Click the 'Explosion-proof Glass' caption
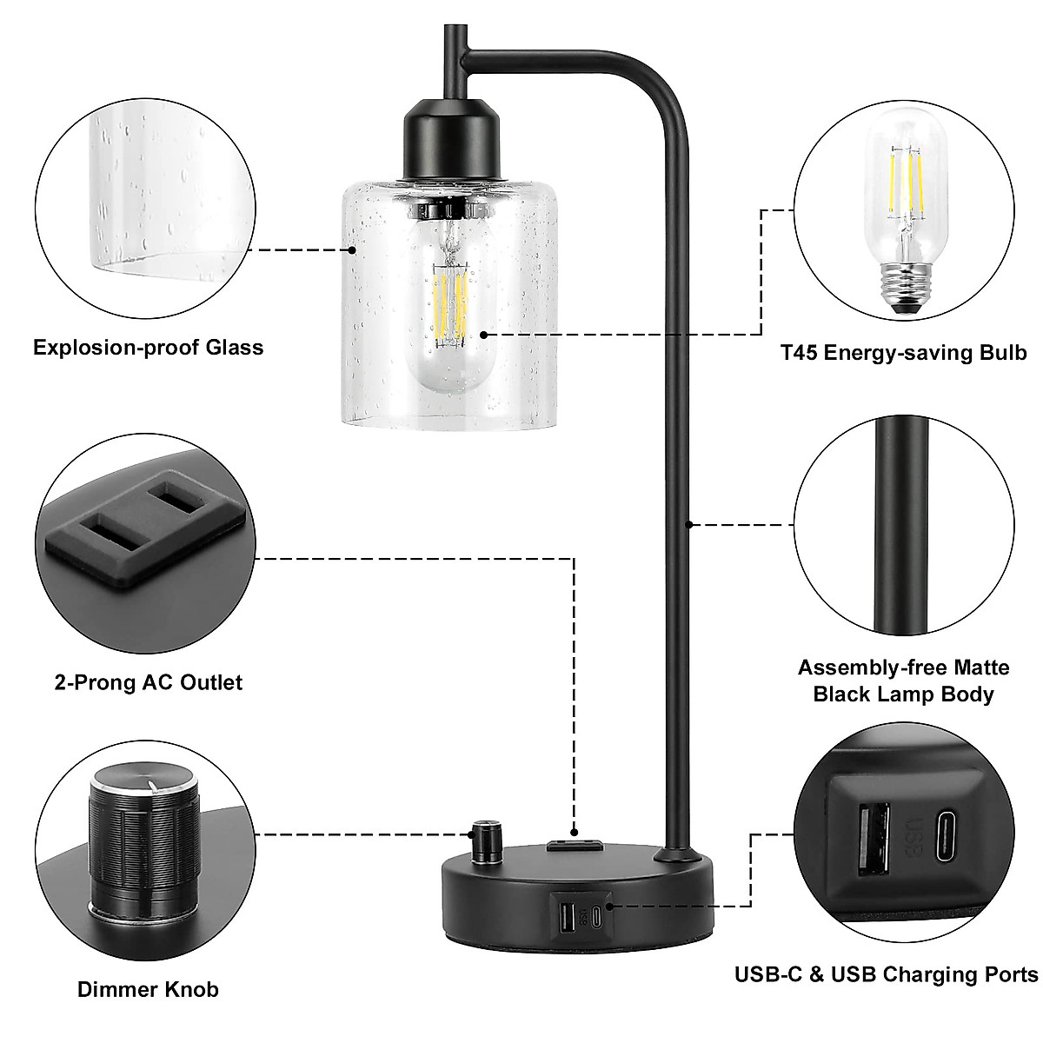click(148, 348)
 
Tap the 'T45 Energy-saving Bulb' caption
click(903, 352)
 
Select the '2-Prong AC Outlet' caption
click(148, 682)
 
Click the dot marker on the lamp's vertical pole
click(688, 523)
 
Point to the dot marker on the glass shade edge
click(352, 249)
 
